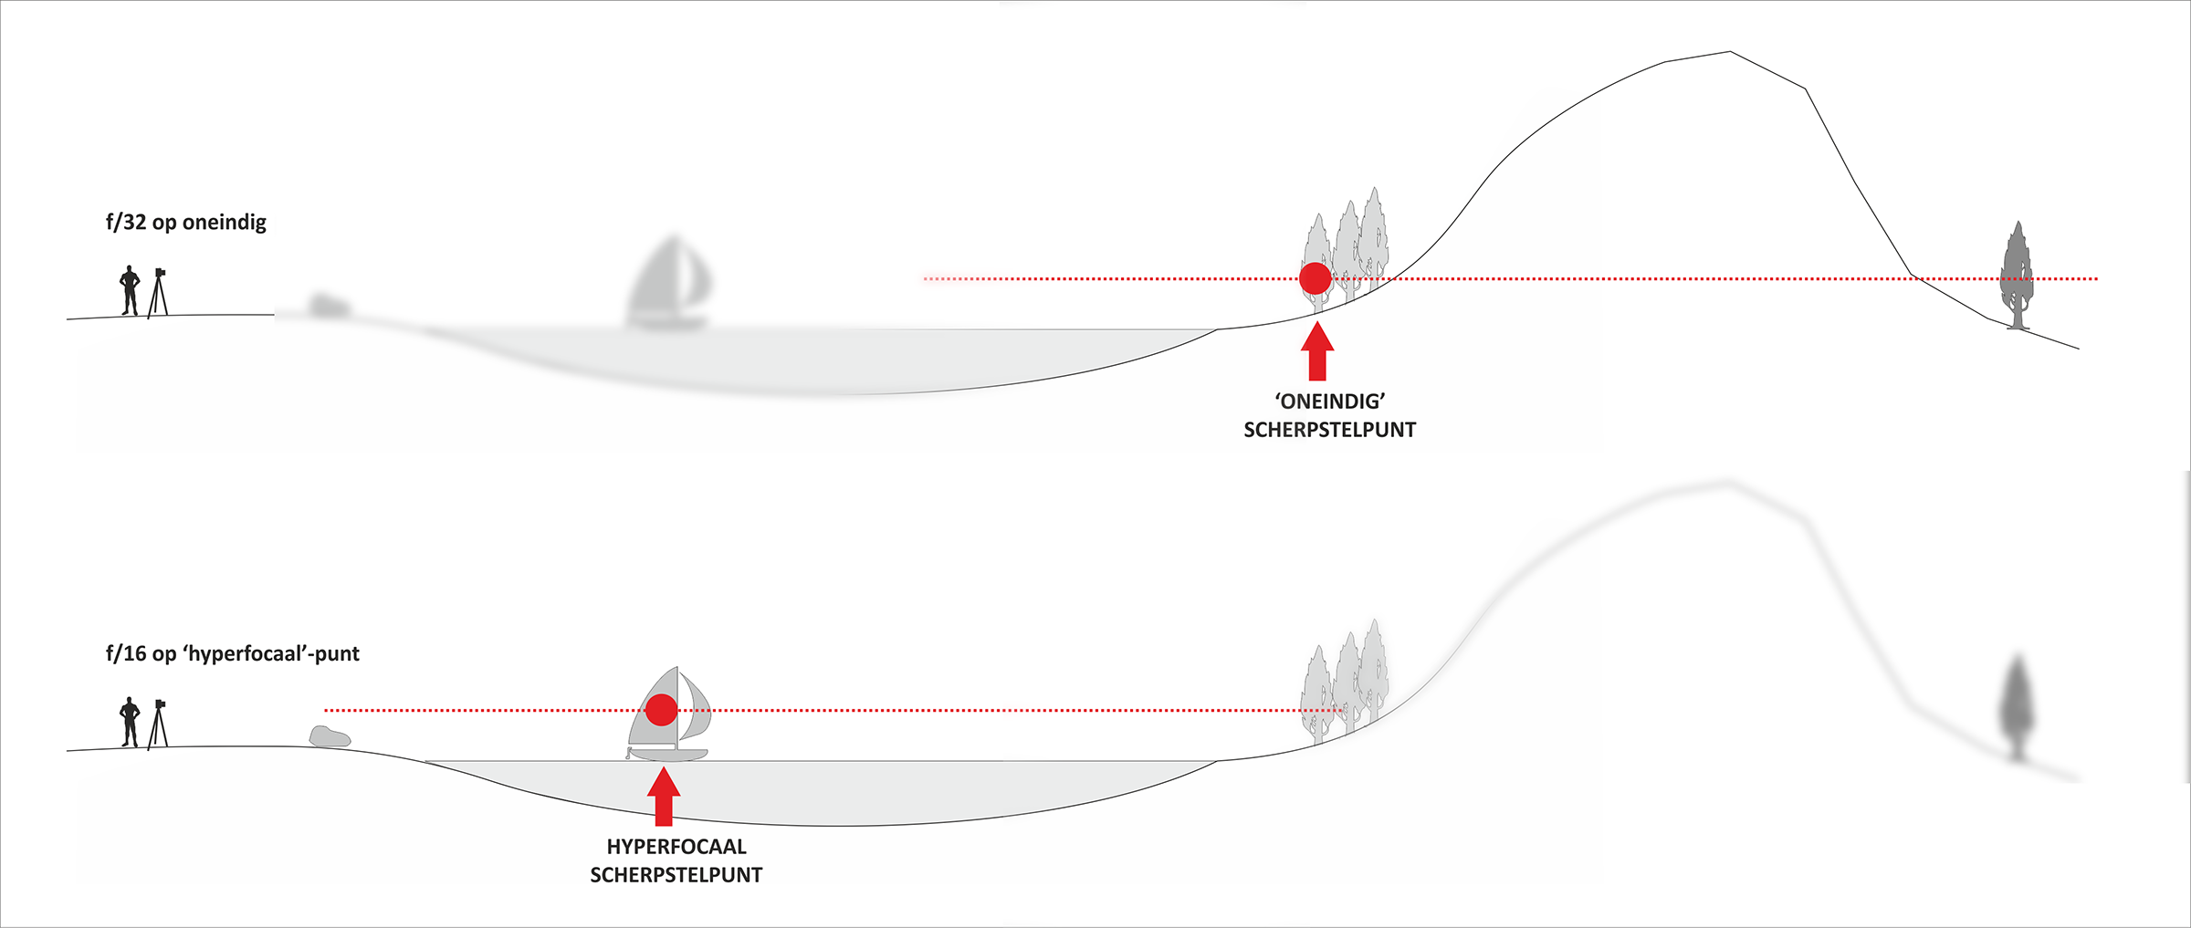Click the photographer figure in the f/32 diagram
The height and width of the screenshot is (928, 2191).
pyautogui.click(x=130, y=290)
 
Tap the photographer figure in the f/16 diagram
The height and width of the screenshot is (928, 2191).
pyautogui.click(x=130, y=722)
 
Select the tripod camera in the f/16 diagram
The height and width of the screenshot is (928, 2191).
pyautogui.click(x=159, y=722)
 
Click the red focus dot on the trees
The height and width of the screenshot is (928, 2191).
pyautogui.click(x=1315, y=278)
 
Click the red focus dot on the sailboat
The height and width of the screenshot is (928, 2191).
pyautogui.click(x=662, y=709)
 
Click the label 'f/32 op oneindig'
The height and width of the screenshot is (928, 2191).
pyautogui.click(x=186, y=223)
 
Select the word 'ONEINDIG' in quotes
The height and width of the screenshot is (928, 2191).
pyautogui.click(x=1330, y=401)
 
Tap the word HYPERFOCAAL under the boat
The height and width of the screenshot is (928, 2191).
pyautogui.click(x=676, y=847)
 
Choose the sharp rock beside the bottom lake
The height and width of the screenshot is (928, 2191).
pyautogui.click(x=330, y=736)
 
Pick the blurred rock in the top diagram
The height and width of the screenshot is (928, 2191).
pyautogui.click(x=328, y=306)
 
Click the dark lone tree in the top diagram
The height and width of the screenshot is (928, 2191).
pyautogui.click(x=2017, y=274)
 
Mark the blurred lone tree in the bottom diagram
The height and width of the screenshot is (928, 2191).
pyautogui.click(x=2017, y=707)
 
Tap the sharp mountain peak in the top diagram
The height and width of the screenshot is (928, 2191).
pyautogui.click(x=1728, y=53)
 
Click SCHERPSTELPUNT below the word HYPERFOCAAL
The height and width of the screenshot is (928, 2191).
pyautogui.click(x=676, y=875)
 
